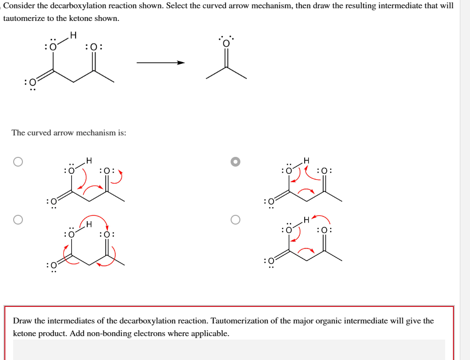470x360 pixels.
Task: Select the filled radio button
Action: (235, 162)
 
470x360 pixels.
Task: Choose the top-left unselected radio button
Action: (18, 162)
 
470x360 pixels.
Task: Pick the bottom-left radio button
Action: (18, 220)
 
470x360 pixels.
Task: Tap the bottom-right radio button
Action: (235, 220)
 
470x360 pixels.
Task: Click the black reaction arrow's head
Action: (181, 62)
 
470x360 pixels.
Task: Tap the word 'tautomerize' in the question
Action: (23, 18)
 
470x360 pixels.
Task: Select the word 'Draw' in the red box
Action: (22, 321)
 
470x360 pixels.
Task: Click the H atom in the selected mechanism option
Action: (306, 160)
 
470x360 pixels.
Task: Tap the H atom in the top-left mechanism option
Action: (88, 160)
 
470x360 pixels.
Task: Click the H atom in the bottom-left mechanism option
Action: (89, 225)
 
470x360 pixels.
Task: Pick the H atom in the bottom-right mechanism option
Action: (306, 220)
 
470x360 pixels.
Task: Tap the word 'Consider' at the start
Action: (18, 6)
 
